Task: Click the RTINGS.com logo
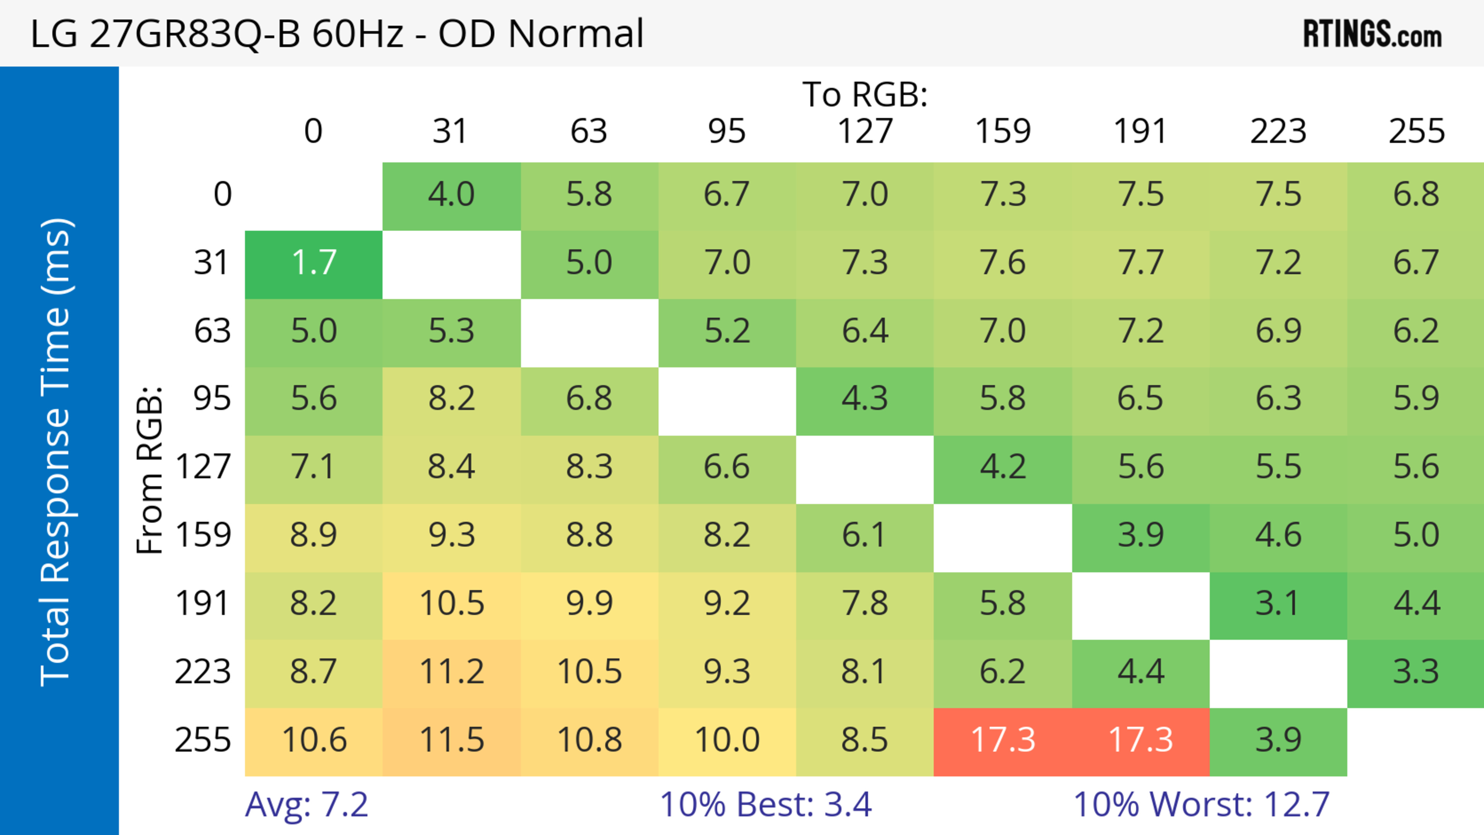click(x=1372, y=33)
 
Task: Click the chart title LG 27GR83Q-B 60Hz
click(x=337, y=33)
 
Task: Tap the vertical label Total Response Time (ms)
click(x=56, y=452)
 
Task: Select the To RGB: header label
click(x=865, y=94)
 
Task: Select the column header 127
click(x=865, y=132)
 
